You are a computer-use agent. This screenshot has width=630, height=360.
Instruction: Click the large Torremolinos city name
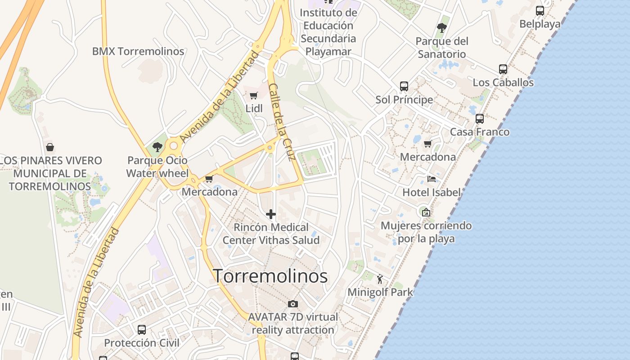click(x=270, y=276)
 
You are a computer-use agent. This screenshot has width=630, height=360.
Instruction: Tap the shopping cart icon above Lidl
click(x=253, y=95)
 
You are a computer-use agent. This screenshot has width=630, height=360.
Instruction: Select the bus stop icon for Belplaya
click(x=540, y=11)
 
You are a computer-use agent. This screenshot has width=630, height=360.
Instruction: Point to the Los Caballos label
click(x=503, y=82)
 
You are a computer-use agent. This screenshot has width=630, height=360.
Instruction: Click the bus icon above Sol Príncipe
click(x=404, y=86)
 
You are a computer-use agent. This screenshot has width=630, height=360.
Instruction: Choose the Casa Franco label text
click(x=480, y=132)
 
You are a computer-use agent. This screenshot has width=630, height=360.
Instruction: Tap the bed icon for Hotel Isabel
click(x=431, y=179)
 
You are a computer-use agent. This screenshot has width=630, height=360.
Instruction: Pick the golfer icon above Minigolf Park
click(x=380, y=279)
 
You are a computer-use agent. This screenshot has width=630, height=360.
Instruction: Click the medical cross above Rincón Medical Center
click(x=271, y=214)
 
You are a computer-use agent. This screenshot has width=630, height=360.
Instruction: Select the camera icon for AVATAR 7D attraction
click(x=293, y=304)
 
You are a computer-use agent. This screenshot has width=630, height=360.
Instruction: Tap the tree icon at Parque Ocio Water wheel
click(x=157, y=147)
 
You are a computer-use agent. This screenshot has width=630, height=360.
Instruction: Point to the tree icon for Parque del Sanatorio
click(x=442, y=28)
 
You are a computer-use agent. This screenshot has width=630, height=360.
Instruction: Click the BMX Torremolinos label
click(x=138, y=51)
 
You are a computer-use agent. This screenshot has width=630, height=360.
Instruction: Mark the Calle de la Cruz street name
click(x=282, y=121)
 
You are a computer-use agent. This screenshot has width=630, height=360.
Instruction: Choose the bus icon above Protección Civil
click(x=142, y=329)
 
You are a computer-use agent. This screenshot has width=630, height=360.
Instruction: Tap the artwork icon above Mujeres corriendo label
click(x=426, y=212)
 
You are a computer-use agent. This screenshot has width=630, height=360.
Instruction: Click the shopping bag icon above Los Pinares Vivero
click(x=50, y=147)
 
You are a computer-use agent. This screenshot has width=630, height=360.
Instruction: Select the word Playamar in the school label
click(x=328, y=51)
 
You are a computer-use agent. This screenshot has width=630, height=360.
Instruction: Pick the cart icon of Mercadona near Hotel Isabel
click(x=427, y=144)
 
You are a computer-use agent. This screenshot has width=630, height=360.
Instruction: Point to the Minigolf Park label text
click(x=380, y=292)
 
